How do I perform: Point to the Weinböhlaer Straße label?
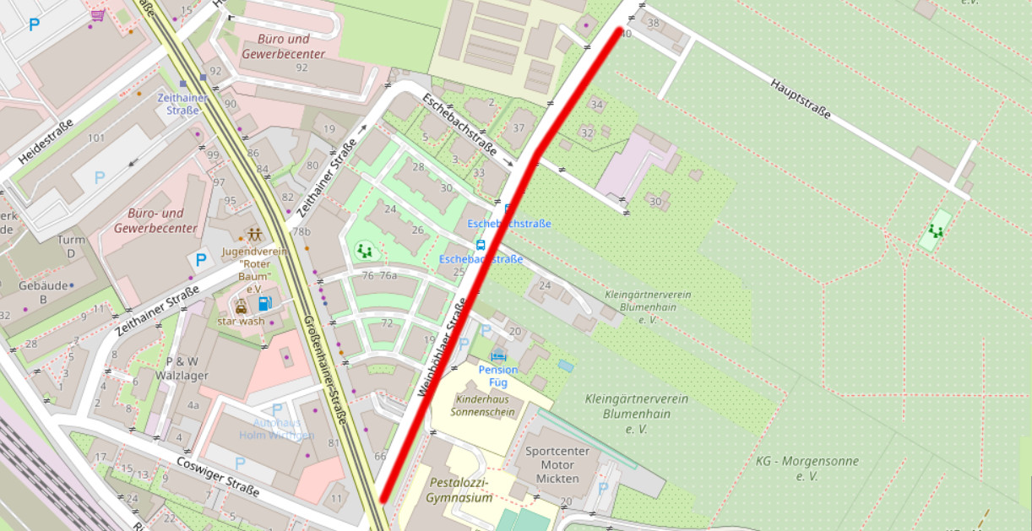[x=443, y=349]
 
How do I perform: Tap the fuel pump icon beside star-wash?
[x=265, y=303]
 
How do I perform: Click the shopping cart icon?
[x=99, y=15]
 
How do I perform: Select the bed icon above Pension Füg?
[x=497, y=355]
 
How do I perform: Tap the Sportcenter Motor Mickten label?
[x=557, y=464]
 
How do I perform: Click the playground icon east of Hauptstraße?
[x=936, y=230]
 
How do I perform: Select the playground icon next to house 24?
[x=364, y=250]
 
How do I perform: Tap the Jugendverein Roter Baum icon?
[x=253, y=235]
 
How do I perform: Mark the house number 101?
[x=95, y=138]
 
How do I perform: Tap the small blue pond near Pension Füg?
[x=565, y=366]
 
